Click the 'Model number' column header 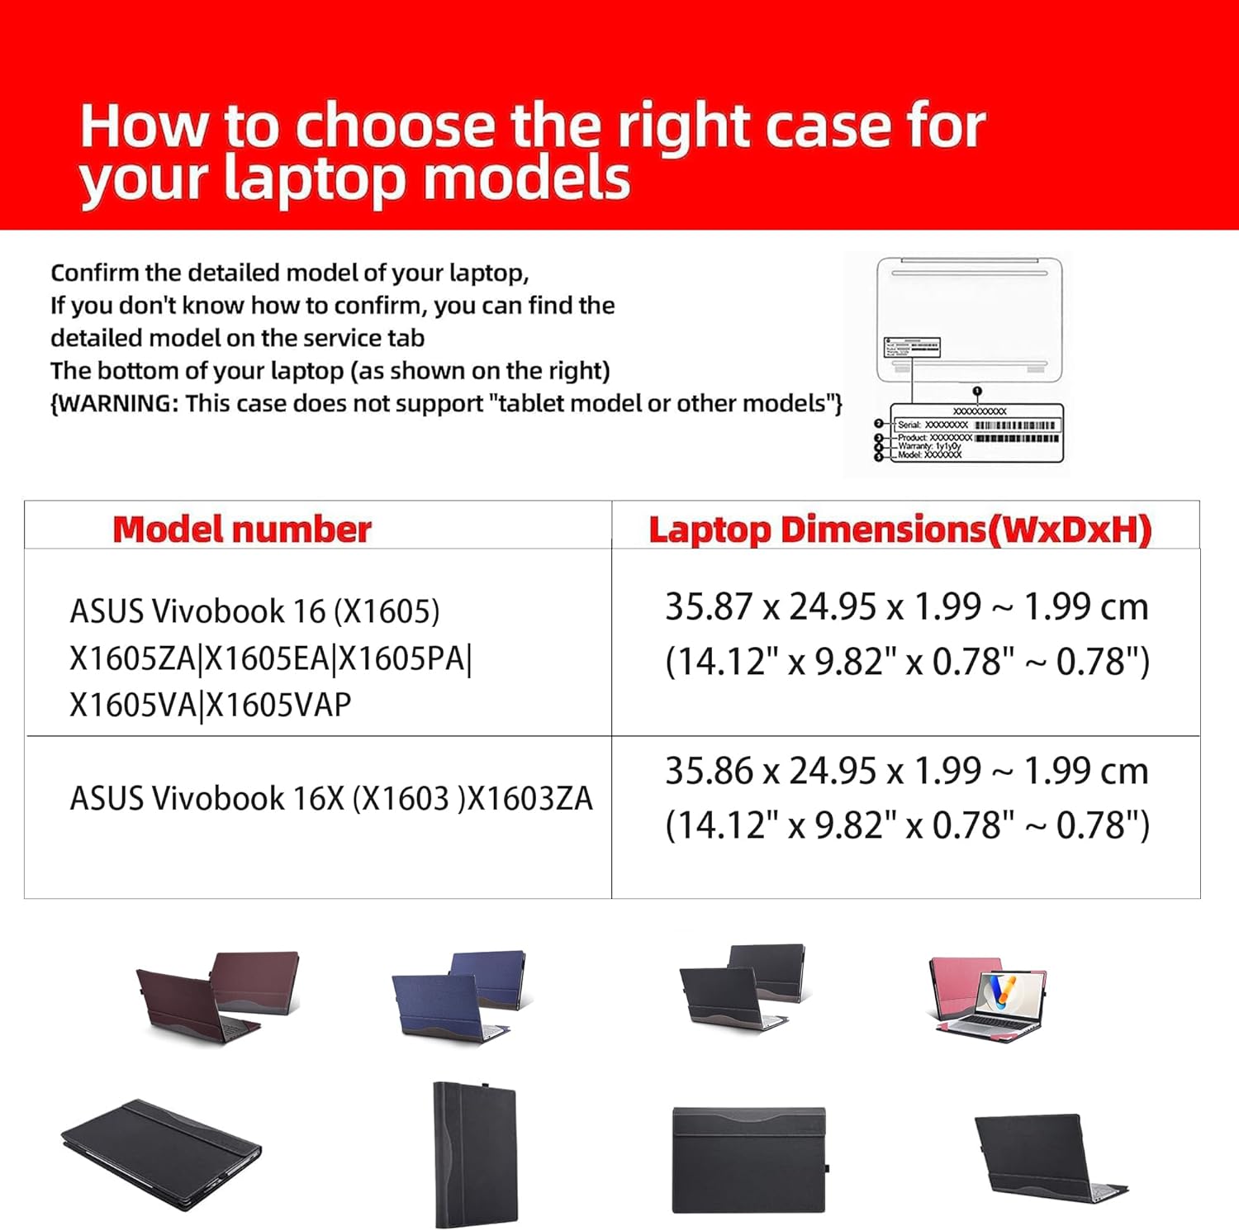[x=241, y=530]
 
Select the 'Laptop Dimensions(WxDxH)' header [x=900, y=530]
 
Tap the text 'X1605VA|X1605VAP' [x=211, y=705]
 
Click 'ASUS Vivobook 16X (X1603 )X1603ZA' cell [x=331, y=798]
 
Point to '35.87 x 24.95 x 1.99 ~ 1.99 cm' [x=906, y=607]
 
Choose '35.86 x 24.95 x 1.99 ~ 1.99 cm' [x=906, y=771]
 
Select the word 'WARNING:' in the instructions [x=115, y=403]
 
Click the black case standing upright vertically [x=474, y=1153]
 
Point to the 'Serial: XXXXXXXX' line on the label [x=933, y=425]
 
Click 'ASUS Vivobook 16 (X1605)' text [x=254, y=611]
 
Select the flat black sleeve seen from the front [x=749, y=1160]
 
